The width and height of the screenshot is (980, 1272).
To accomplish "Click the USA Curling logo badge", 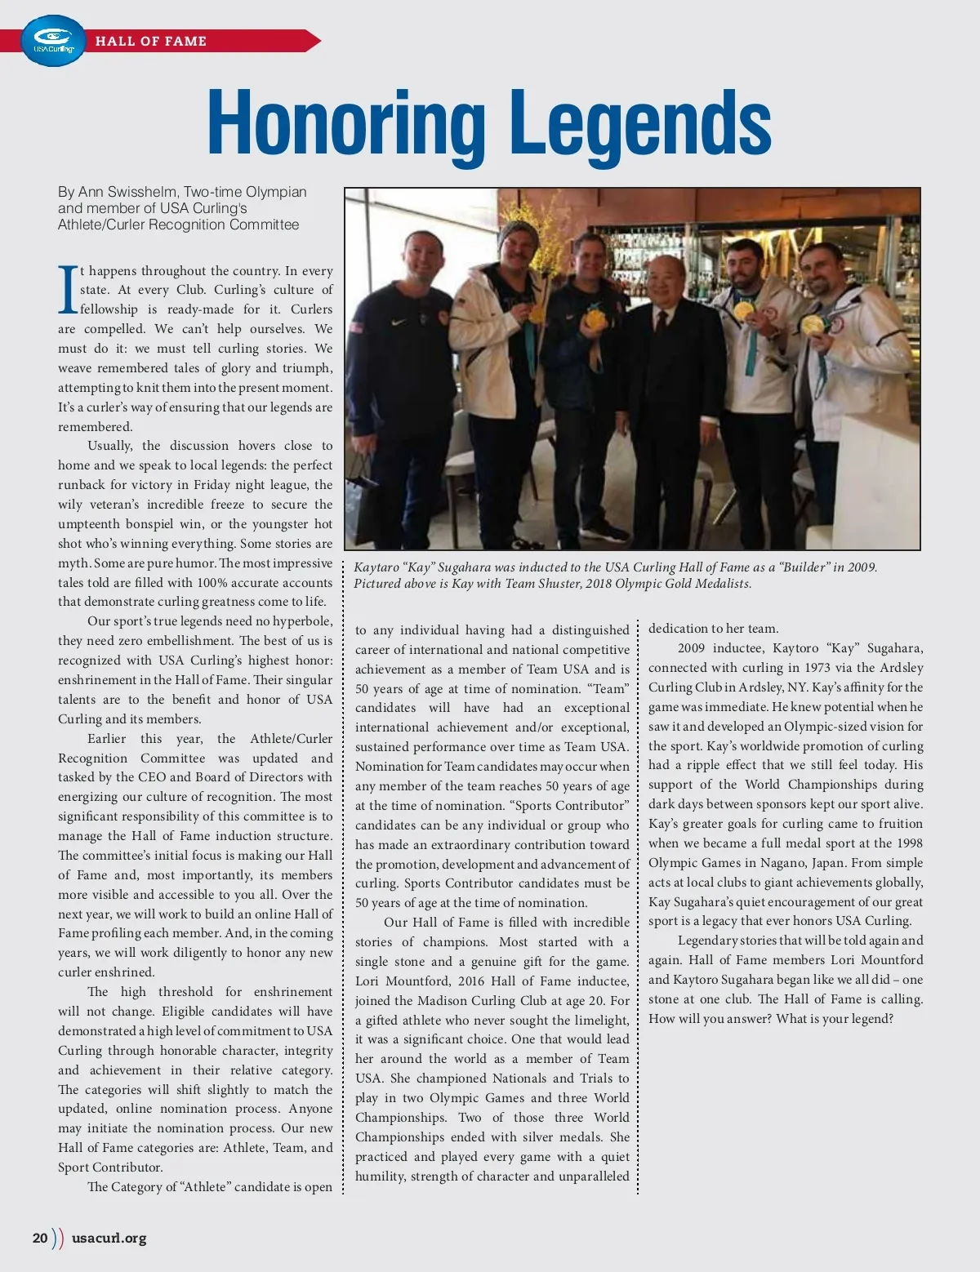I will point(53,41).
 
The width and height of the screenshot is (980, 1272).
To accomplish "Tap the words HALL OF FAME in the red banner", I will point(151,41).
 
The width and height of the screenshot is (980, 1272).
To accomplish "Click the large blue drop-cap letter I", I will point(68,291).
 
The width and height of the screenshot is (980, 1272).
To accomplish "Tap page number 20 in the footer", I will point(40,1238).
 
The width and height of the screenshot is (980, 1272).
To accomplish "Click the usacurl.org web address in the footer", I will point(109,1238).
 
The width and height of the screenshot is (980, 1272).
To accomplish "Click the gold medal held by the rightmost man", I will point(811,324).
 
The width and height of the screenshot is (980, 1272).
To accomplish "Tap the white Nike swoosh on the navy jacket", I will point(398,322).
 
